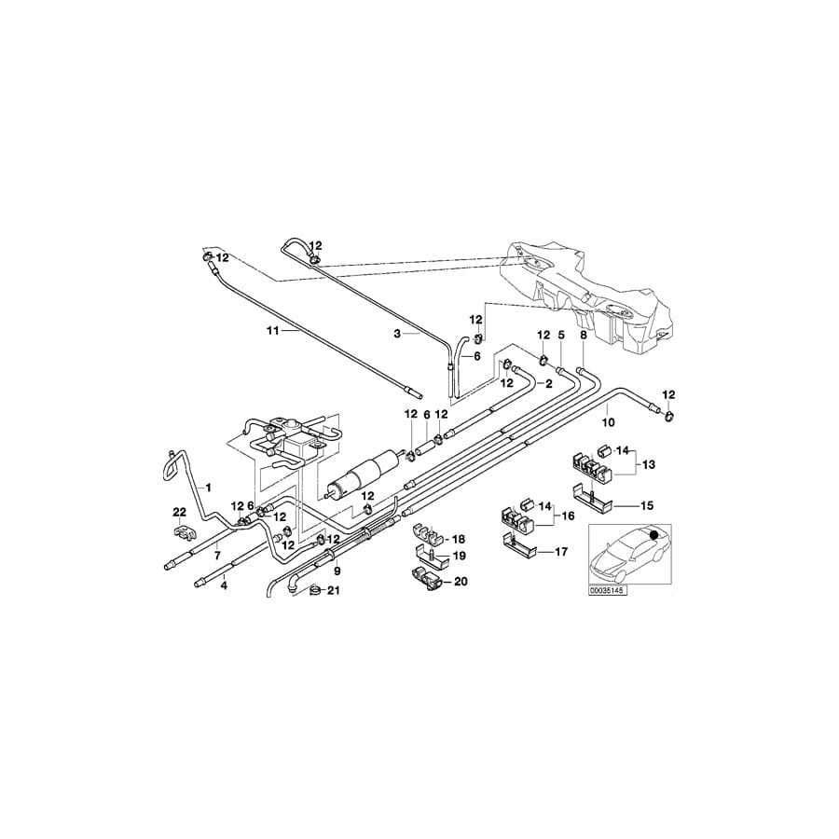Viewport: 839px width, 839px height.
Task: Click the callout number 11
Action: [x=273, y=330]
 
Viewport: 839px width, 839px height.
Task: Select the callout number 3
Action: [x=397, y=333]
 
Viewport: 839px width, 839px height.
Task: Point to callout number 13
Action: [x=648, y=463]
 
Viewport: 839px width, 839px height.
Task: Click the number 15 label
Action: [x=648, y=505]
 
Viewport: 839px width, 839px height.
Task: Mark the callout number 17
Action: [x=560, y=552]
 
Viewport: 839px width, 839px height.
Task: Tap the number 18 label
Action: [x=458, y=540]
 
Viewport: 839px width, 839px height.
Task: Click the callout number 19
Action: [x=458, y=557]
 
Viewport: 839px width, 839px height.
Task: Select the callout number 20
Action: [x=460, y=582]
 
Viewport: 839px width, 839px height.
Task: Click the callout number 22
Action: [x=180, y=511]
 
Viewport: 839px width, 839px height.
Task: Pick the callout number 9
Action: [x=337, y=571]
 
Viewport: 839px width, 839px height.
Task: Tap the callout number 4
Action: [x=224, y=587]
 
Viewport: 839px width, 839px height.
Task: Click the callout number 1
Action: [x=209, y=488]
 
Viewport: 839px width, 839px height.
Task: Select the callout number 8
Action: [x=584, y=334]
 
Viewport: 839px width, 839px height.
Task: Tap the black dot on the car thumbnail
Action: [x=653, y=535]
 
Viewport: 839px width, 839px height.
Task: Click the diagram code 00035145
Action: [x=608, y=589]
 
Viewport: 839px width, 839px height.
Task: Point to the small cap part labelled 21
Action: [x=314, y=590]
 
